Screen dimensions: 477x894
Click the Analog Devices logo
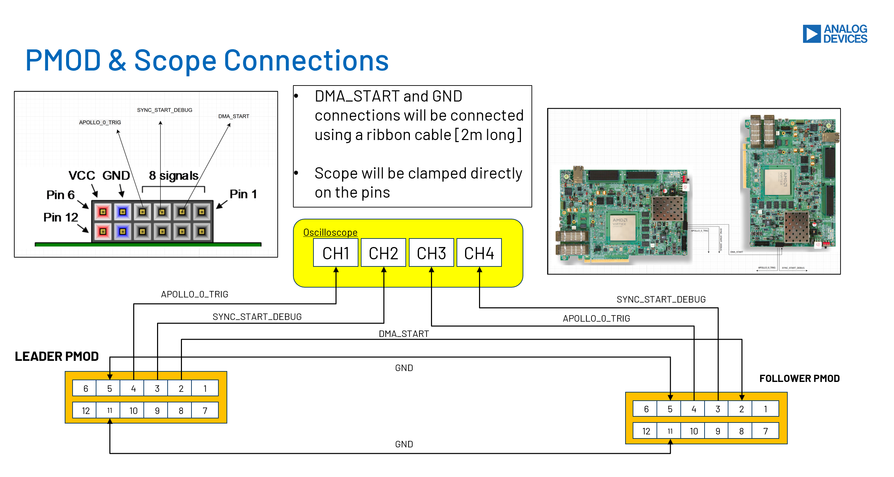(834, 34)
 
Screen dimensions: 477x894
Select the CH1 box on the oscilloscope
(336, 253)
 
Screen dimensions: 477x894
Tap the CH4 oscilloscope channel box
(479, 253)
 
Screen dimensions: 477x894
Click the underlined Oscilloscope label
(330, 232)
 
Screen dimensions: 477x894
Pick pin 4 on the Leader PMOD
(133, 388)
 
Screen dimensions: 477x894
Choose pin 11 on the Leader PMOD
(109, 410)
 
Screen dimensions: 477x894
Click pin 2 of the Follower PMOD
(741, 409)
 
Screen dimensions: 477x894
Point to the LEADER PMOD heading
(57, 356)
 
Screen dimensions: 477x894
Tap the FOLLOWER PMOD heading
(799, 378)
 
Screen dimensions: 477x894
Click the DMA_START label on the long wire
(404, 334)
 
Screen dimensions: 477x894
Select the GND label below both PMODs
(404, 444)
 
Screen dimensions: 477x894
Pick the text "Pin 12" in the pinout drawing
(61, 217)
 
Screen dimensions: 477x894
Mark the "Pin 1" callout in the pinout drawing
(243, 194)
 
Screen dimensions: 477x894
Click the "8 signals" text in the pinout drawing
(173, 175)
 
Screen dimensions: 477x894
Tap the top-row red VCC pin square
(103, 212)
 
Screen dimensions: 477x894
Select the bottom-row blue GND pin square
(123, 231)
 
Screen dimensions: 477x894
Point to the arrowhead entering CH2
(384, 270)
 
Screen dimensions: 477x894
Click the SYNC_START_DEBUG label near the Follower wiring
(661, 299)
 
